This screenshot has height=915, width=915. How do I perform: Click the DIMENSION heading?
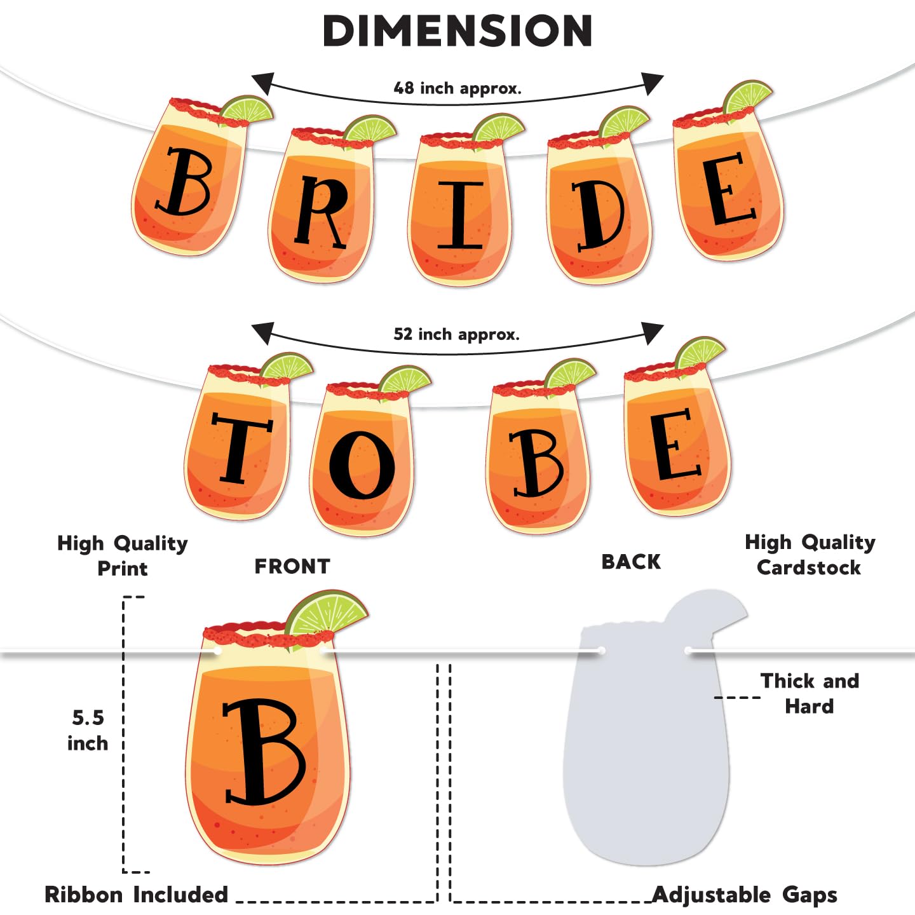point(457,31)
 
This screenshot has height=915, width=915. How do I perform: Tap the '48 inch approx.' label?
point(457,88)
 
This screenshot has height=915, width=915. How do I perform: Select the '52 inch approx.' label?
point(456,334)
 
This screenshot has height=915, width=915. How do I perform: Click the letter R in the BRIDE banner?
point(322,212)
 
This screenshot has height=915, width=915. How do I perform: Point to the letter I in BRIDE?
point(459,215)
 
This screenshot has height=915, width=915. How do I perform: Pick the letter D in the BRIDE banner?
point(597,215)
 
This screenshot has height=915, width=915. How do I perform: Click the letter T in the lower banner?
point(239,447)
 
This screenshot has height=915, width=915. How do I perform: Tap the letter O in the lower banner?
point(362,464)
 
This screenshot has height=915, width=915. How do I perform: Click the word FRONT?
point(292,566)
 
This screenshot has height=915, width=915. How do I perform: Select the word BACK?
point(631,562)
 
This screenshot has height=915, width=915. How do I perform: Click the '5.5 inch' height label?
point(88,731)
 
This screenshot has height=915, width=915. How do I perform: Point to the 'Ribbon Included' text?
point(136,895)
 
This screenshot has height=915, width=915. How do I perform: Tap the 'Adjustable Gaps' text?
point(745,895)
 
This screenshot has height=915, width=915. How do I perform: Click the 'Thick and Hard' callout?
point(810,693)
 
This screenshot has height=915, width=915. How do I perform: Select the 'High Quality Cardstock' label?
point(810,555)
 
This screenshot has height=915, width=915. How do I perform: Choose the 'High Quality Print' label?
point(122,555)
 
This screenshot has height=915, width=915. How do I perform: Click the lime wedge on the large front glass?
point(327,613)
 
